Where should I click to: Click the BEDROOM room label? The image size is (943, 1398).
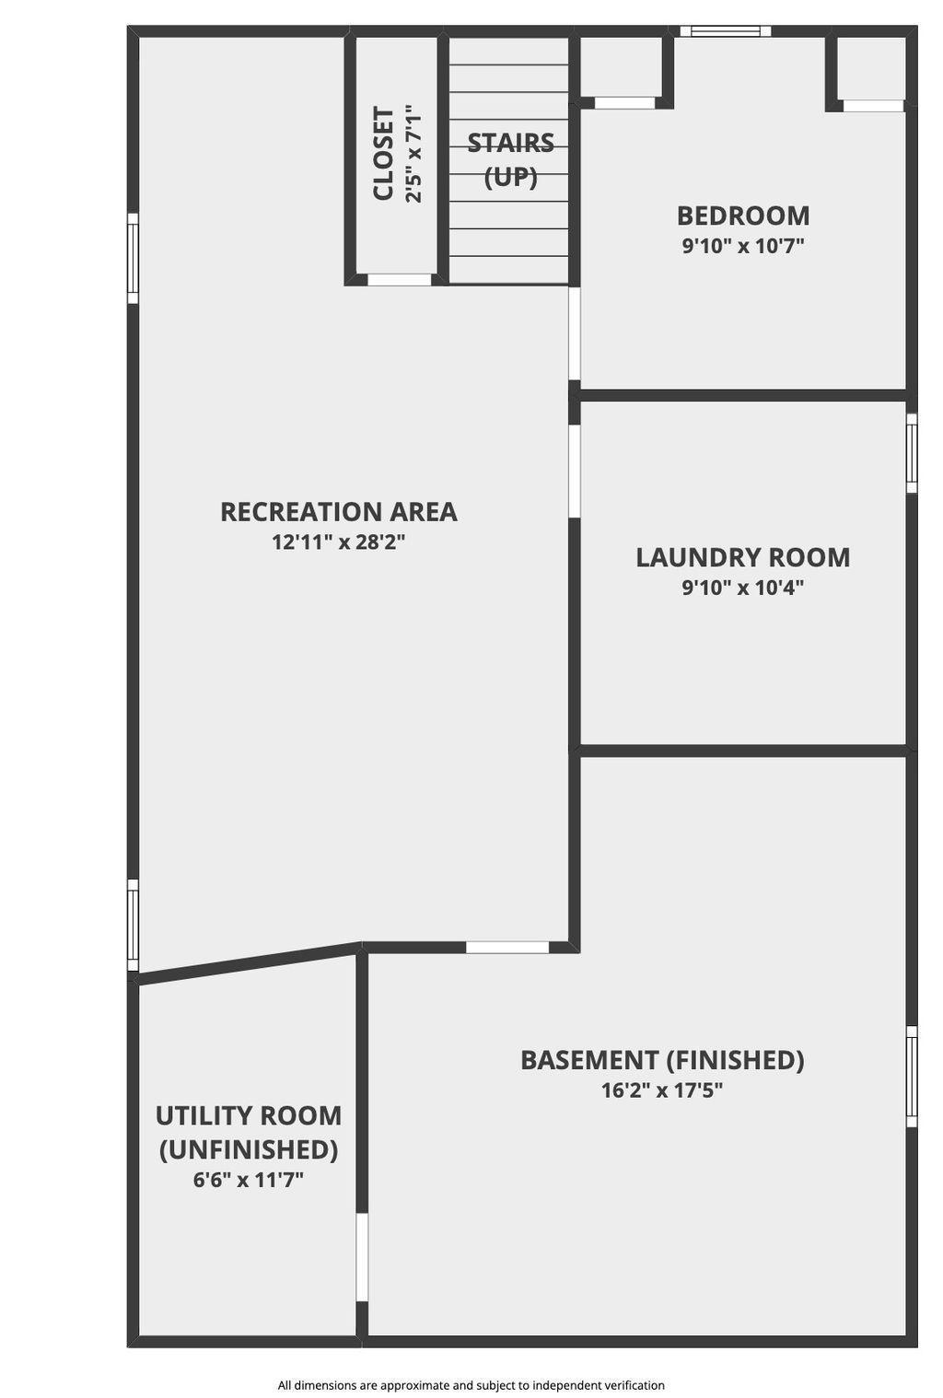[742, 216]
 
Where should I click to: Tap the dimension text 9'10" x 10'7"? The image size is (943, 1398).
[742, 246]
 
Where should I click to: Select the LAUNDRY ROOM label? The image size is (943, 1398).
[742, 557]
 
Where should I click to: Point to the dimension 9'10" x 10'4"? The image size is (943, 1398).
[742, 588]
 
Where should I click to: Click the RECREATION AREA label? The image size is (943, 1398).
[339, 512]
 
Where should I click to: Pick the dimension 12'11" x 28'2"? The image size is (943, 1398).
[339, 542]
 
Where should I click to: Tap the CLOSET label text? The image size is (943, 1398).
[383, 154]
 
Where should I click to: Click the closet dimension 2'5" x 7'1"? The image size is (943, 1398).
[413, 154]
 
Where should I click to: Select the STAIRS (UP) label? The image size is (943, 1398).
[510, 160]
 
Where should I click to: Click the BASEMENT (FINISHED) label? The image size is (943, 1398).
[662, 1060]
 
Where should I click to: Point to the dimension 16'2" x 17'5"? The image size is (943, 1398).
[662, 1090]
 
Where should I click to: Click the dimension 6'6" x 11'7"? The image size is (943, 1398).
[249, 1180]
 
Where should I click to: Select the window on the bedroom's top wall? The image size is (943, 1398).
[725, 31]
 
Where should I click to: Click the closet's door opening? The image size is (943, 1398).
[400, 280]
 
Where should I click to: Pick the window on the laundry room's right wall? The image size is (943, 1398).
[912, 453]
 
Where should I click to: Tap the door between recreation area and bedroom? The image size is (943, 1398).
[575, 333]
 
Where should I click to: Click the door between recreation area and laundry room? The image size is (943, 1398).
[575, 471]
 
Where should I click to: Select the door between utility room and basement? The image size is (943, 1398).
[362, 1257]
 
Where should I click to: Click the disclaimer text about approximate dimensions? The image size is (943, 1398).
[471, 1385]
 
